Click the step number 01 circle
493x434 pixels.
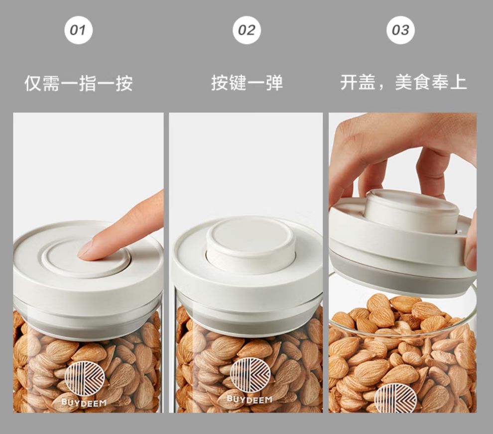[x=79, y=30]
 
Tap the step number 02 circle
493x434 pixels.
[x=246, y=30]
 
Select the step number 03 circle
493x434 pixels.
[x=400, y=30]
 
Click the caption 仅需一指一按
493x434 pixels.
[x=79, y=83]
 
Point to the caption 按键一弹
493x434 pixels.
[x=247, y=83]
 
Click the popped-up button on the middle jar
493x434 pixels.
[x=250, y=243]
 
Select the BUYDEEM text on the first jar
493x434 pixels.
[x=84, y=403]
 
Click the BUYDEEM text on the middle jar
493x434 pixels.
[x=249, y=400]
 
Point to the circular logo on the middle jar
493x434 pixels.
[x=250, y=375]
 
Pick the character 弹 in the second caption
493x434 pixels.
[x=274, y=83]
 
